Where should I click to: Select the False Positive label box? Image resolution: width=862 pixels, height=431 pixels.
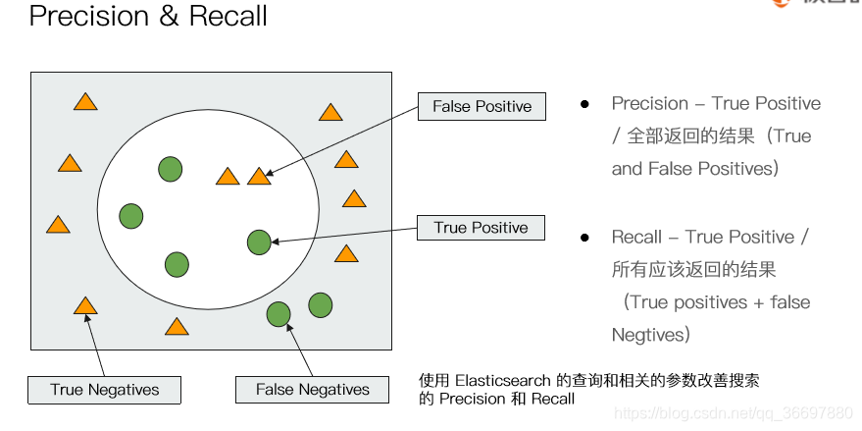482,106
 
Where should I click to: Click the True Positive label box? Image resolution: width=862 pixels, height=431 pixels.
481,228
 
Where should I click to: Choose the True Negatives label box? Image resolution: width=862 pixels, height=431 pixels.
105,390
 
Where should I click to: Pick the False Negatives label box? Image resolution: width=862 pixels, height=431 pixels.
313,390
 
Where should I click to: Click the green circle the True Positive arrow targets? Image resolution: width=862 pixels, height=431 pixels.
259,242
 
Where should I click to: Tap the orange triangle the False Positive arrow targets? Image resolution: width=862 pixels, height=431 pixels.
259,177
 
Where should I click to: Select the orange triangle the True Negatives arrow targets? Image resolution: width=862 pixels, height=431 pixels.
85,306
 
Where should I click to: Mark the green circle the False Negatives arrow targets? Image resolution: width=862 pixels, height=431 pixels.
279,314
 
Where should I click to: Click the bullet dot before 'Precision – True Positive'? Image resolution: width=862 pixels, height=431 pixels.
584,104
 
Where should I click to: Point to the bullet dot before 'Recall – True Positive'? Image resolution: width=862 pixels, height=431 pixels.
584,238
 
